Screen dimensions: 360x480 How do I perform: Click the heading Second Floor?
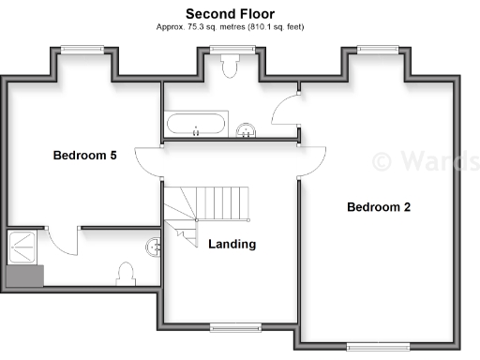point(229,13)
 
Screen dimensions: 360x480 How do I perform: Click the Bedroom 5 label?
point(84,156)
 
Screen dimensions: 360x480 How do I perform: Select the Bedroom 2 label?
point(379,207)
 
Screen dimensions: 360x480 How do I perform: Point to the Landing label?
point(232,245)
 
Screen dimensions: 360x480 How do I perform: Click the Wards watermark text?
point(426,160)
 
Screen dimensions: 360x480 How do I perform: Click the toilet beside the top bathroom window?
point(230,66)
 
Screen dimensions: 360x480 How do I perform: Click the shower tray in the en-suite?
point(23,247)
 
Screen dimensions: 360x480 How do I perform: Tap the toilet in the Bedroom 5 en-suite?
point(126,275)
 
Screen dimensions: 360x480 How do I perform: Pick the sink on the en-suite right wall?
point(154,247)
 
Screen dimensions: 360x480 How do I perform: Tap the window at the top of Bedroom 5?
point(77,50)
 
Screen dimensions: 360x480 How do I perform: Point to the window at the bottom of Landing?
point(228,327)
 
